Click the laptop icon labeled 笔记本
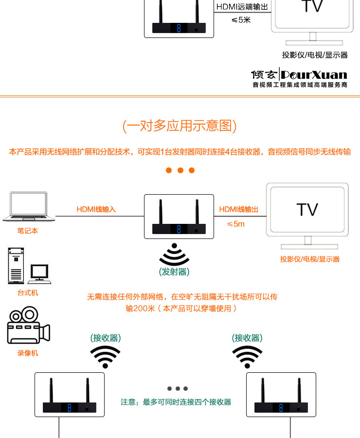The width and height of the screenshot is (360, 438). point(28,208)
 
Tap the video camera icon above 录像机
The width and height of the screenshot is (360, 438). point(28,326)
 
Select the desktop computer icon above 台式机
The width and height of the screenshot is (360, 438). point(28,266)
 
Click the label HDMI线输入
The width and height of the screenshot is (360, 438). point(96,210)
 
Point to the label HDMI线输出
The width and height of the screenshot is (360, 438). point(238,210)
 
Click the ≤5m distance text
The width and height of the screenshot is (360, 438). point(236,224)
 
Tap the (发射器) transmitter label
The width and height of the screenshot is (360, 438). point(174,272)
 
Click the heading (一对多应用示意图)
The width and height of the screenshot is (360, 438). point(180,126)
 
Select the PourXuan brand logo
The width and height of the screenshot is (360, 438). point(299,74)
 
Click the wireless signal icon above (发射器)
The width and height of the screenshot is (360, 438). point(174,255)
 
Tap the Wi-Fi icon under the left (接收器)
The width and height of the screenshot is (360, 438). point(105,357)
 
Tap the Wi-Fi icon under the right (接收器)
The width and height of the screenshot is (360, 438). point(247,357)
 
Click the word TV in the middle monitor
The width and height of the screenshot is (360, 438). point(307,210)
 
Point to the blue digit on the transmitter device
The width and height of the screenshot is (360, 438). point(179,229)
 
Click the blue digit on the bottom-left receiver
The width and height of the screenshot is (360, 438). point(70,408)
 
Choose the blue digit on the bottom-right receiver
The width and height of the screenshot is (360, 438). point(281,408)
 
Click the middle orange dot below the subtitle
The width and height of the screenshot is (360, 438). point(180,170)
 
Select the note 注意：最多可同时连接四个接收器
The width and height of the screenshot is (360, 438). point(176,402)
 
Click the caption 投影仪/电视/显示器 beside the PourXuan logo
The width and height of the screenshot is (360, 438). point(315,55)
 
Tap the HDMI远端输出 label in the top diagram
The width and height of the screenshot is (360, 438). point(242,7)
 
